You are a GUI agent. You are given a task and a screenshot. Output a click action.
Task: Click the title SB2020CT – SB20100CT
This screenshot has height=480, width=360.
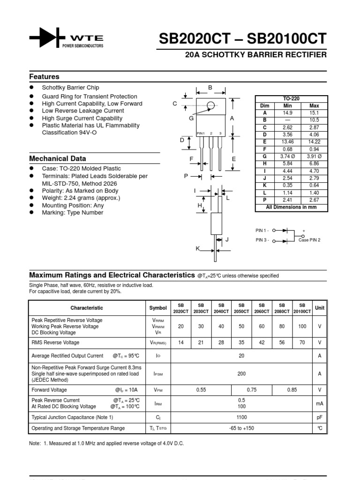coord(243,39)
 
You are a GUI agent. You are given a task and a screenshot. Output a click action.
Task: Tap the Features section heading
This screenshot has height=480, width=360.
coord(45,76)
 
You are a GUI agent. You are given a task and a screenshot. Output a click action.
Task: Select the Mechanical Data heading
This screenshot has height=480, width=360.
coord(58,158)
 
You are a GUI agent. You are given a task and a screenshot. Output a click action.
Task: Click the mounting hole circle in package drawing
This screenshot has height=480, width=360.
coord(210,105)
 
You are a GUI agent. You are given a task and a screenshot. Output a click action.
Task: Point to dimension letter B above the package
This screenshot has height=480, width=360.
coord(210,88)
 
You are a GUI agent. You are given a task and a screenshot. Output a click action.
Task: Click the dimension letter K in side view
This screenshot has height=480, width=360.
coord(198,248)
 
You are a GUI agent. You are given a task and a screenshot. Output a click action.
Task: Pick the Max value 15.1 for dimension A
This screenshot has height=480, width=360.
coord(314,113)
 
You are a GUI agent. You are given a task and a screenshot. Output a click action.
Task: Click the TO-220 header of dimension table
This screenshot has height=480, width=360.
coord(291,98)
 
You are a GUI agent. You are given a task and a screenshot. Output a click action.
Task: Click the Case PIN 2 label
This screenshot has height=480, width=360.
coord(309,240)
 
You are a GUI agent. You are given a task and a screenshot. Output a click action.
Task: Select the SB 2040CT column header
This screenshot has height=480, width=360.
coord(221,308)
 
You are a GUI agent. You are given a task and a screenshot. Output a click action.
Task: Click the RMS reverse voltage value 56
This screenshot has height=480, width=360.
coord(282,343)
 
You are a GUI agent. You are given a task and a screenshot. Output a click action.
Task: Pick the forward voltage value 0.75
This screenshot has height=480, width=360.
coord(252,390)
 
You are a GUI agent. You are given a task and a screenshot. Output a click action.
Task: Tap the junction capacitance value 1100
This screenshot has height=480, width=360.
coord(241,417)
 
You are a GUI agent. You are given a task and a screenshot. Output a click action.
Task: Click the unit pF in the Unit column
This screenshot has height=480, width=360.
coord(320,417)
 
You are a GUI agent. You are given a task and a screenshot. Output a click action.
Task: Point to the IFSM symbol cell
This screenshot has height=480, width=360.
coord(158,374)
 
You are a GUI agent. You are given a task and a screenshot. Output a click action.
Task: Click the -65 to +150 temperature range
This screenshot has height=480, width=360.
coord(241,428)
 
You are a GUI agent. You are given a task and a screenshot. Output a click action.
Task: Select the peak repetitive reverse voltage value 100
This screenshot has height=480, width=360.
coord(302,326)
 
